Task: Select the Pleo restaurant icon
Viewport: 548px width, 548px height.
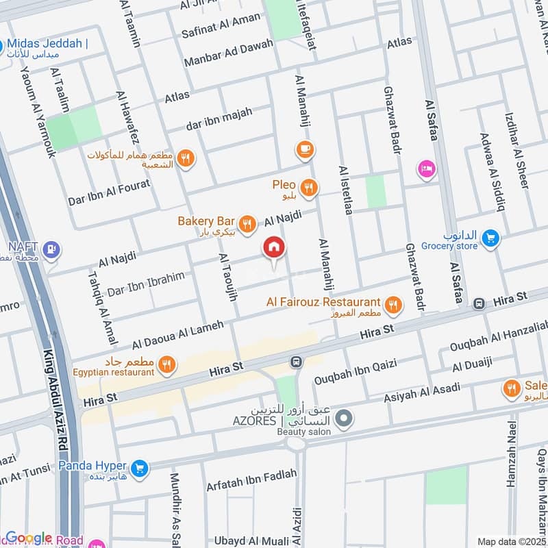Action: click(309, 186)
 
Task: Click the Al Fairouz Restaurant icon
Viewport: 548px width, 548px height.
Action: click(393, 306)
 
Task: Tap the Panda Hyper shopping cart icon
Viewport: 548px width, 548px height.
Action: click(139, 469)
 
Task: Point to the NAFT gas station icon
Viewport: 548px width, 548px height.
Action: click(50, 250)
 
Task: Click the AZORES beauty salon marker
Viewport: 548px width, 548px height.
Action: click(345, 417)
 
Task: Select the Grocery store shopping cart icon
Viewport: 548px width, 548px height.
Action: click(490, 238)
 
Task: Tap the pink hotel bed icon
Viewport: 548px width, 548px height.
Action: click(426, 169)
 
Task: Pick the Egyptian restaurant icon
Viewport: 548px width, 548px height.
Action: click(166, 365)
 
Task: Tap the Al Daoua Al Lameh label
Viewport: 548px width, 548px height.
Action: click(178, 333)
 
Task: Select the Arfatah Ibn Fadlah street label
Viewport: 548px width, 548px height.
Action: click(251, 479)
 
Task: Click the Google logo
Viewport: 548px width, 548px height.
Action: click(29, 538)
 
